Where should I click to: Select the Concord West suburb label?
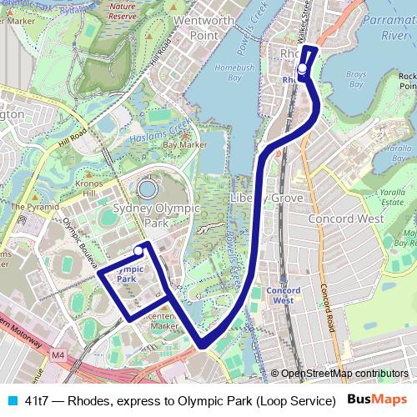point(345,219)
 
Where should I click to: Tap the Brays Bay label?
point(356,79)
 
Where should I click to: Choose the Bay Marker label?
point(184,144)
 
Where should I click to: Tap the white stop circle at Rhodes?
point(302,69)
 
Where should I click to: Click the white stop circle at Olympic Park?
point(138,250)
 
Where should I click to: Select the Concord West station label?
point(283,294)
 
